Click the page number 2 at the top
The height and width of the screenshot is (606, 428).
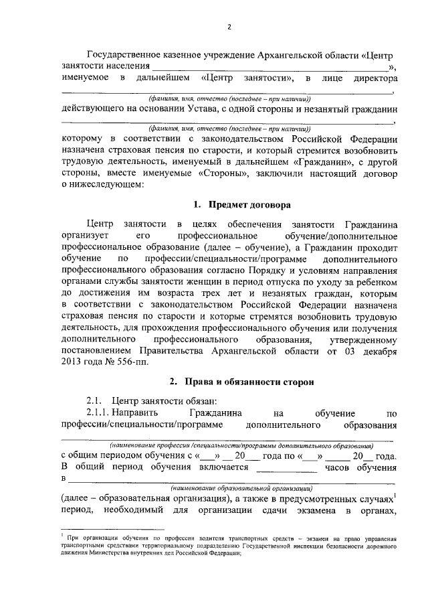[228, 27]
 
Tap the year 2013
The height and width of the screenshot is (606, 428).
[73, 362]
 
